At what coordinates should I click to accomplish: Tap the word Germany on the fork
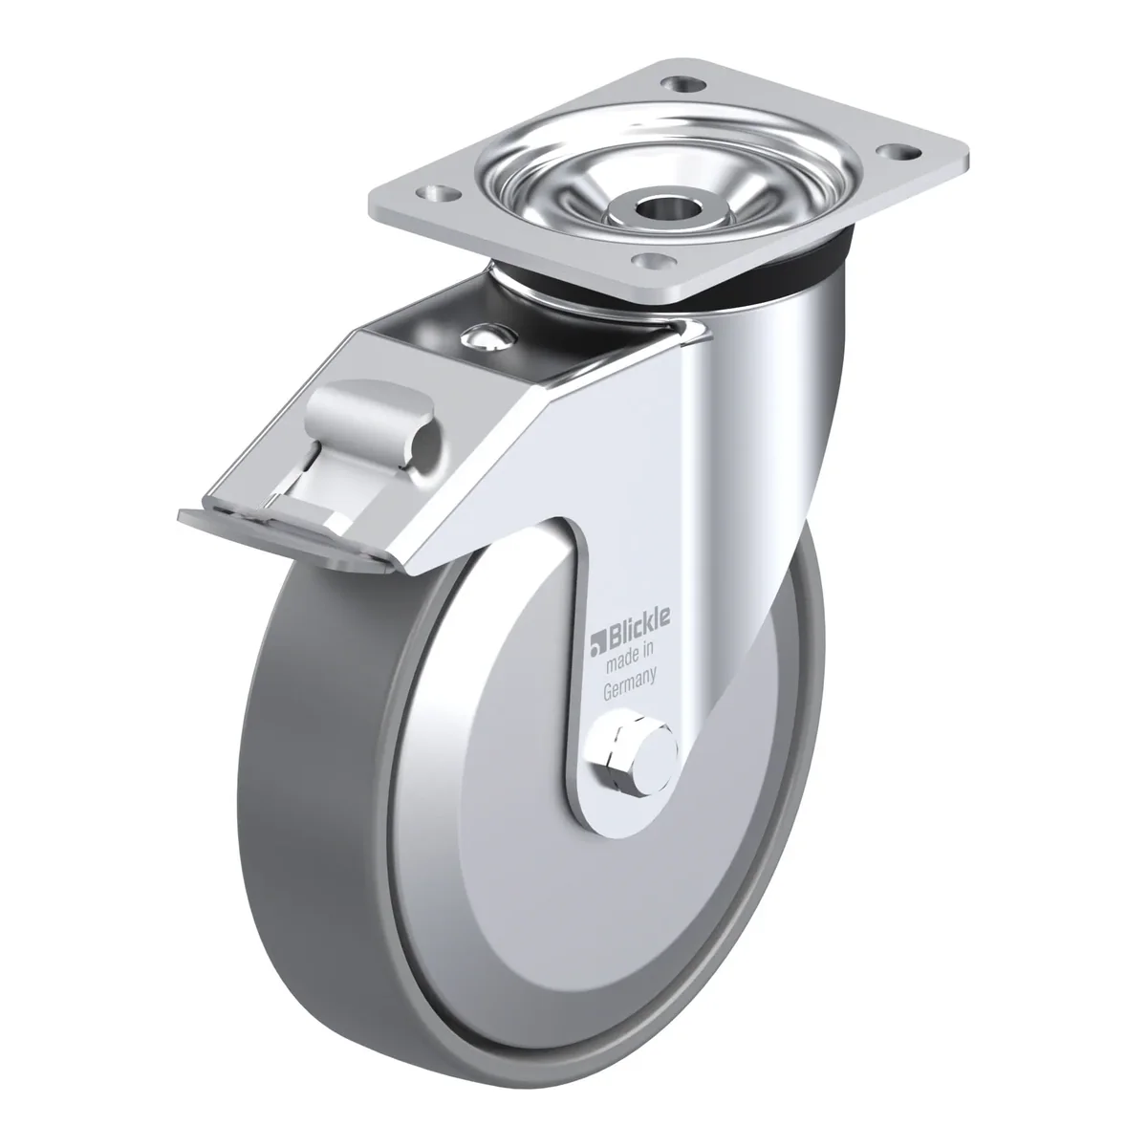pos(630,683)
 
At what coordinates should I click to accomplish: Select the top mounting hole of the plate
pos(683,86)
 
